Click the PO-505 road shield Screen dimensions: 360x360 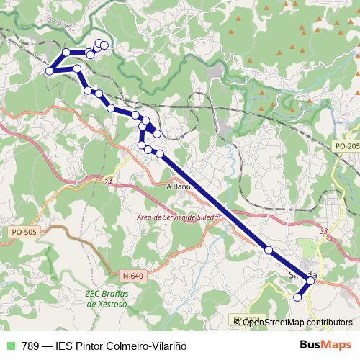pos(24,232)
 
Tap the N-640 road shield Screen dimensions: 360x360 pos(132,275)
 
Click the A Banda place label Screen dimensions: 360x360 pos(178,186)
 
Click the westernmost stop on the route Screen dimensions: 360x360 pos(50,71)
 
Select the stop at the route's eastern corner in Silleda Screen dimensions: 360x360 pos(311,280)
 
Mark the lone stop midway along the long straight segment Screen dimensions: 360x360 pos(269,250)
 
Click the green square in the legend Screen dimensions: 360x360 pos(9,346)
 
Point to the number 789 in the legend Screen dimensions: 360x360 pos(31,346)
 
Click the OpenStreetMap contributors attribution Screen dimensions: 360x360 pos(297,322)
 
